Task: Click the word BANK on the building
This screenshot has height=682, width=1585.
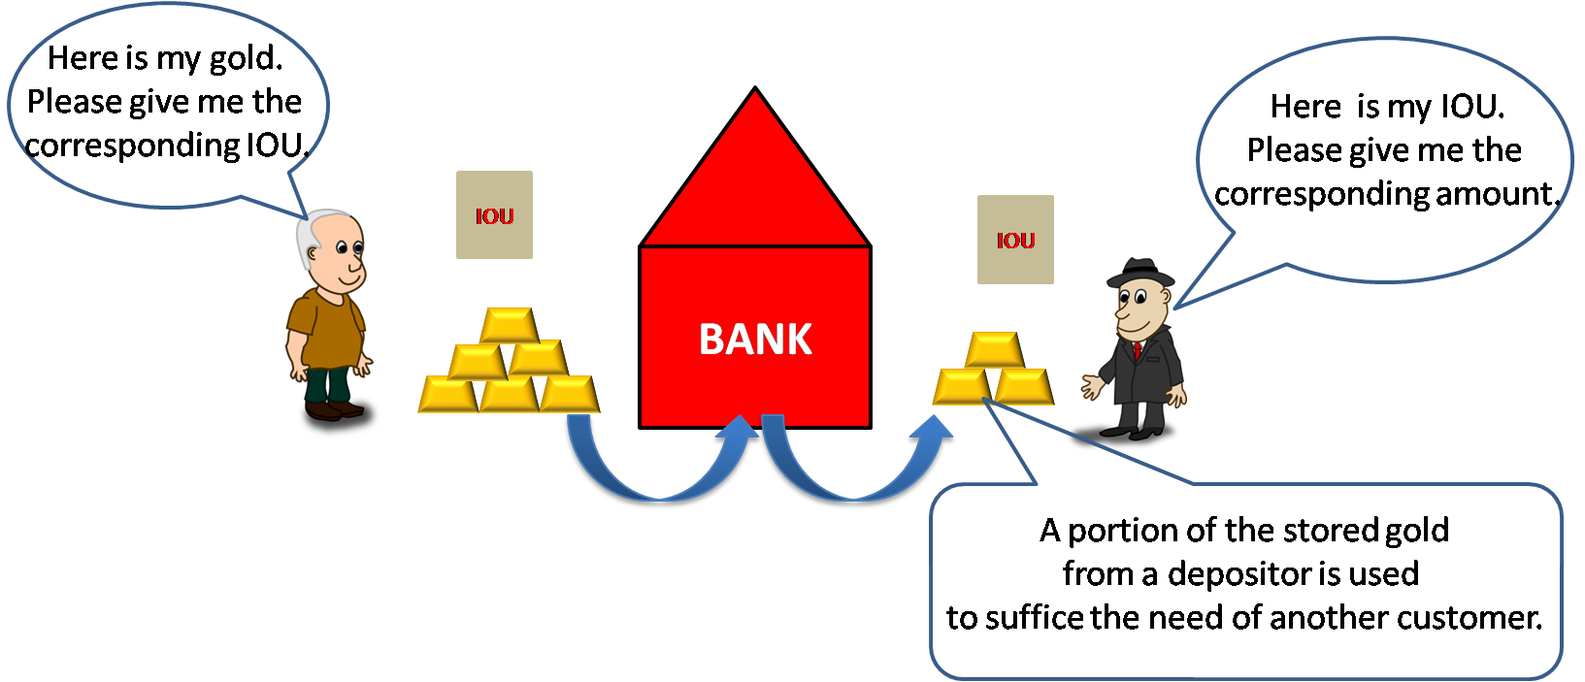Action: [755, 340]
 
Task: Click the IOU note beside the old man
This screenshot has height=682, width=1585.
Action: [494, 214]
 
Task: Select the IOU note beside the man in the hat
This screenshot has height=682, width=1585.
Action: [1015, 240]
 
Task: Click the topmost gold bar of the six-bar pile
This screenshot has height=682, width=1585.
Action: [509, 325]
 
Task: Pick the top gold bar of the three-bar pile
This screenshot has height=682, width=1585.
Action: [994, 349]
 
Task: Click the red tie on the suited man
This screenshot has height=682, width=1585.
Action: [1138, 349]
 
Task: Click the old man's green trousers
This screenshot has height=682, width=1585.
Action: [327, 384]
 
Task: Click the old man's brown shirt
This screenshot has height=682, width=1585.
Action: [325, 325]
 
